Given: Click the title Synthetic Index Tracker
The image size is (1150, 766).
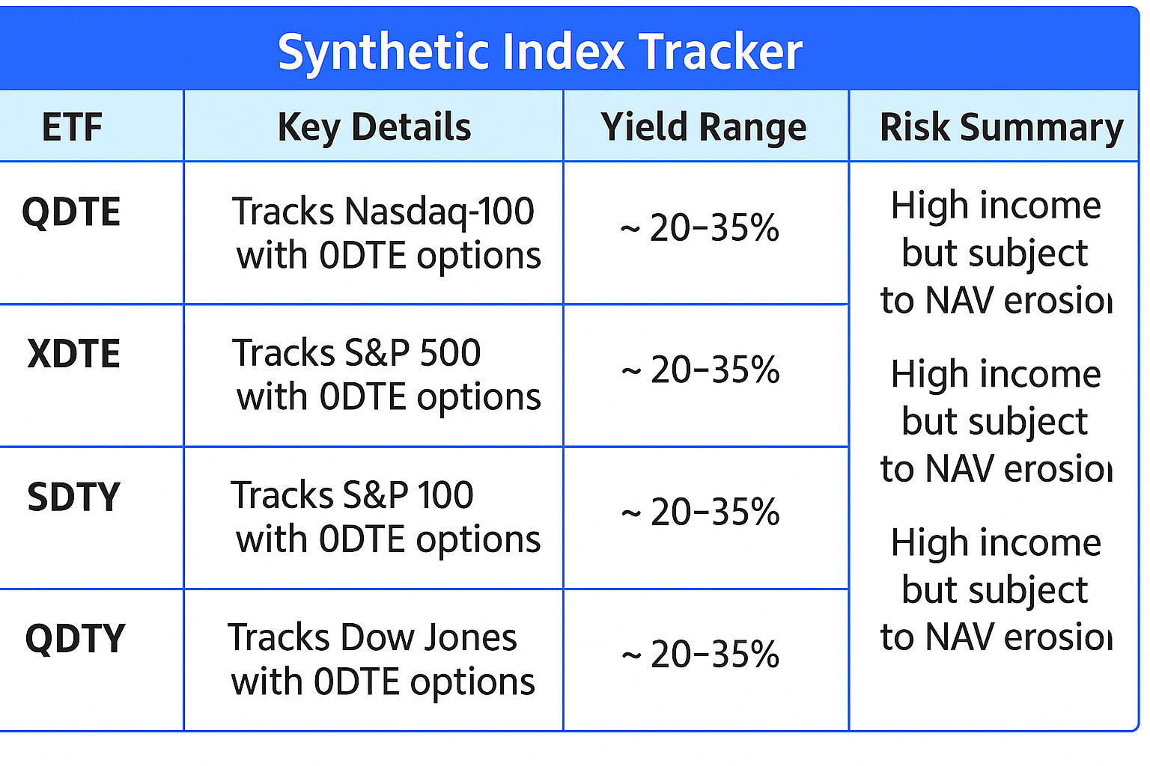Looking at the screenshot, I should coord(540,52).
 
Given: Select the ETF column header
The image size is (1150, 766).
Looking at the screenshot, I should coord(72,126).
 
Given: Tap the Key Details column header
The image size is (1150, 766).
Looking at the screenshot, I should coord(374,126).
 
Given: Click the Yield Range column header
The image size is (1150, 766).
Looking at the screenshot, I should coord(704,126).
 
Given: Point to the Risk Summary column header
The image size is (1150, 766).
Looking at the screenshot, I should coord(1001,126).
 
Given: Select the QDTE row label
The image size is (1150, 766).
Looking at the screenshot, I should coord(71,212).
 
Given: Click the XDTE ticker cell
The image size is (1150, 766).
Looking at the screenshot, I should coord(73,354).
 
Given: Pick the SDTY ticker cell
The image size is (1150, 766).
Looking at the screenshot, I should coord(73,497).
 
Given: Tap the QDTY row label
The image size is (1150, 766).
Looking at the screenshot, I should coord(75,639).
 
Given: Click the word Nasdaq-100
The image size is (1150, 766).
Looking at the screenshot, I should coord(439,212).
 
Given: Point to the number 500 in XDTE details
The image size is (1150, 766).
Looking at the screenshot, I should coord(450,353).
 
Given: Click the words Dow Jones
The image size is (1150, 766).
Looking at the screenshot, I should coord(428,638).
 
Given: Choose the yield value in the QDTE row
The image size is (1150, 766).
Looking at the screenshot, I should coord(700,227).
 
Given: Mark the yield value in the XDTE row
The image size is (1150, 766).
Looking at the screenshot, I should coord(700,370).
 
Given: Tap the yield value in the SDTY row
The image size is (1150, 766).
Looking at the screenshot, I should coord(700,512).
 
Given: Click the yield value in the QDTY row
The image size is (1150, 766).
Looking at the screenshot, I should coord(700,655).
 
